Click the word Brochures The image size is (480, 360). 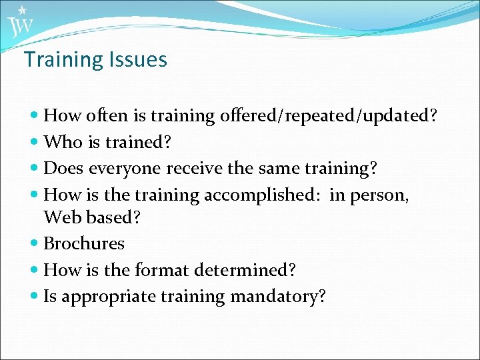tap(84, 244)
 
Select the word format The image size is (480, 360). tap(162, 271)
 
